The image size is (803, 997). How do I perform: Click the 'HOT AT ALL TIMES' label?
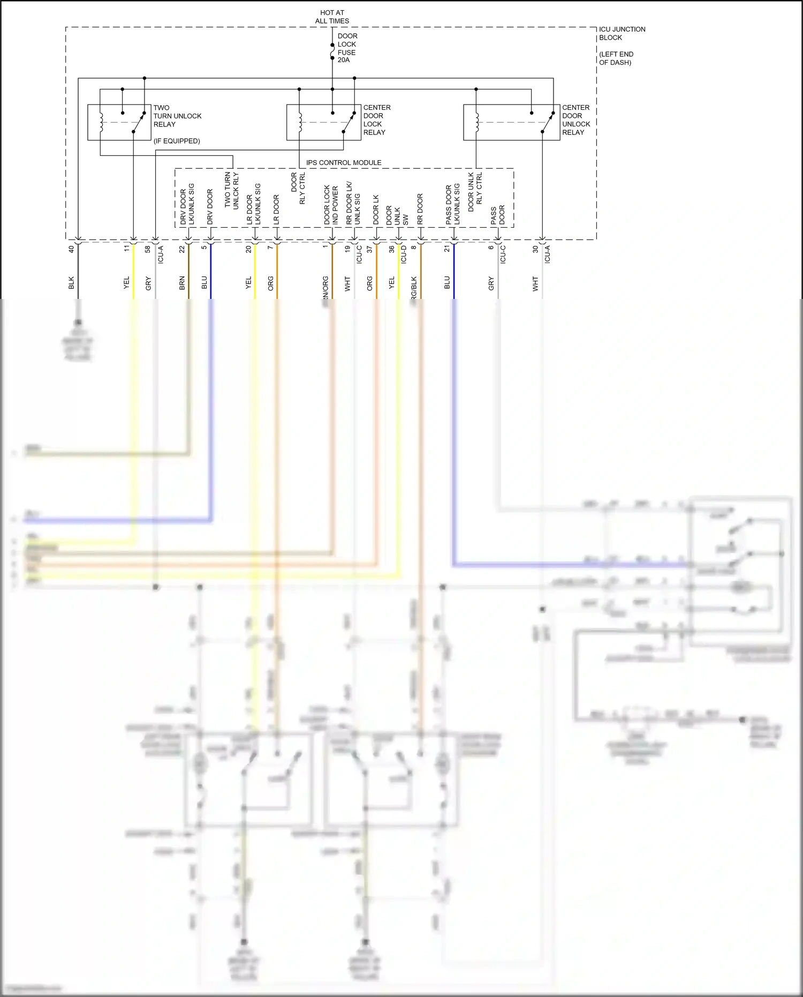pos(332,17)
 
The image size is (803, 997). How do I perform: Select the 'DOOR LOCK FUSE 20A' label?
pos(347,48)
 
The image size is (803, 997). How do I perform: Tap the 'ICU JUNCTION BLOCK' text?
pos(622,33)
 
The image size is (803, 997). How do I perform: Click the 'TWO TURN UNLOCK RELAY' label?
pos(177,116)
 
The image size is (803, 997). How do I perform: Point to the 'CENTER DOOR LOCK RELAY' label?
pos(377,120)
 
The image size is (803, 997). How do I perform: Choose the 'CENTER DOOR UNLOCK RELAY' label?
pos(575,120)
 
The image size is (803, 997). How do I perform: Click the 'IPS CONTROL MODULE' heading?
pos(344,162)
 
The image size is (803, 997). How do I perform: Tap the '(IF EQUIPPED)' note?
pos(177,141)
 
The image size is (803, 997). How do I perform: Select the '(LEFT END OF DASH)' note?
pos(616,58)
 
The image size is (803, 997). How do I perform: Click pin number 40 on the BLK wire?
pos(71,249)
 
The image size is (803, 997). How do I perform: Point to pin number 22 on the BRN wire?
pos(182,249)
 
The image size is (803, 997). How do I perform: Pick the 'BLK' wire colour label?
pos(71,283)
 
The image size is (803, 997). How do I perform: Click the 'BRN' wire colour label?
pos(182,283)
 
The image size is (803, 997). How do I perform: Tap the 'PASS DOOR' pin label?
pos(498,214)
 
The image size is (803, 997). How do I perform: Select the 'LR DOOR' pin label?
pos(276,209)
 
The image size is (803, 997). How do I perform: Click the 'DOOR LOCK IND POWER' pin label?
pos(331,205)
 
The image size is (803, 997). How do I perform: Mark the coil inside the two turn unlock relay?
pos(101,122)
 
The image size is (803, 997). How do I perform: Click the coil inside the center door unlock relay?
pos(476,122)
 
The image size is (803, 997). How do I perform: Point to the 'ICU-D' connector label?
pos(404,254)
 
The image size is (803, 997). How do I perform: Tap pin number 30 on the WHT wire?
pos(535,249)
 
